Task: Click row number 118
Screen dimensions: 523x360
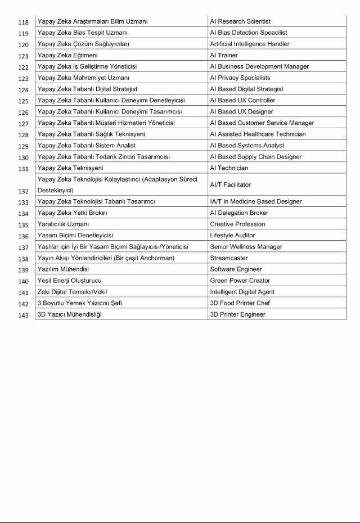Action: (x=23, y=22)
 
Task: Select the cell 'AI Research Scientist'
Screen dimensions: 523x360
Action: (x=240, y=21)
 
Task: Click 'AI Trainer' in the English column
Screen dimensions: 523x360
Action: (x=224, y=55)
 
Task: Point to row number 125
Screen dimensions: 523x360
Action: (x=23, y=101)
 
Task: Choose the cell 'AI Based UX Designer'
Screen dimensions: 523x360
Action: (x=241, y=111)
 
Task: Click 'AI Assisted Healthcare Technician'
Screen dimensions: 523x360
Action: (x=258, y=134)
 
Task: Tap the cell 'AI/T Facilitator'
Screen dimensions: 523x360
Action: (x=230, y=184)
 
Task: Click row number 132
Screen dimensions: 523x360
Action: (x=23, y=191)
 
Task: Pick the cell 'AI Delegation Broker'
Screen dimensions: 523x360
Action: (x=239, y=213)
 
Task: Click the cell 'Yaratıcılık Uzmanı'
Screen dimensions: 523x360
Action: (x=63, y=224)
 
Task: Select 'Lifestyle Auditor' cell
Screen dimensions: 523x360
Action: (x=232, y=235)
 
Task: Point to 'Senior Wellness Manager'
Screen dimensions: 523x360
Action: (x=246, y=246)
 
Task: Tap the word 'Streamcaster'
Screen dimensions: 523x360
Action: (x=228, y=258)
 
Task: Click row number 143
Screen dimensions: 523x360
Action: (x=23, y=314)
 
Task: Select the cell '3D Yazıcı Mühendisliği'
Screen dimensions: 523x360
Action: (x=70, y=314)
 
